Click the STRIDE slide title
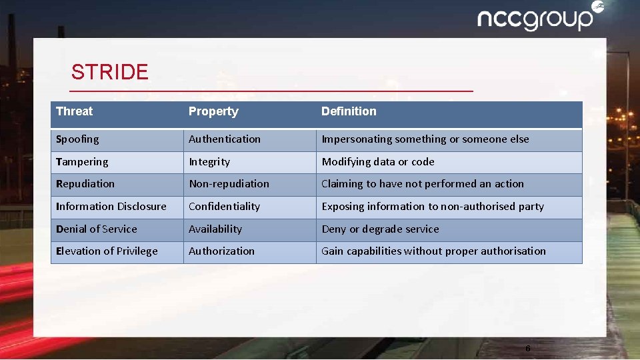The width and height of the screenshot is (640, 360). click(110, 72)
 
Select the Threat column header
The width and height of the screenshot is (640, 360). click(75, 111)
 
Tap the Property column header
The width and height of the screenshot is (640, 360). click(213, 111)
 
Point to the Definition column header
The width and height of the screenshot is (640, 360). click(349, 111)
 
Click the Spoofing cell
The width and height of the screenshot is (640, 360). click(77, 139)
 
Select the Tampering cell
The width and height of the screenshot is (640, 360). click(82, 162)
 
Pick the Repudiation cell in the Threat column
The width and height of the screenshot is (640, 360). click(85, 184)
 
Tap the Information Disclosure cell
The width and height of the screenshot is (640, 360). click(111, 207)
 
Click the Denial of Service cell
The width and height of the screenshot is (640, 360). click(97, 229)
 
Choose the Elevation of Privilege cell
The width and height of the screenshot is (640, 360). click(107, 251)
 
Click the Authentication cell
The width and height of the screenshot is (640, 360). click(225, 139)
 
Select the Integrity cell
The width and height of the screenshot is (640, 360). click(209, 162)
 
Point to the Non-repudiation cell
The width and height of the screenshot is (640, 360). click(229, 184)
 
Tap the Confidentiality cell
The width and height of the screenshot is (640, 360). click(224, 207)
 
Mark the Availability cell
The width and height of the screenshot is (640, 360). click(215, 229)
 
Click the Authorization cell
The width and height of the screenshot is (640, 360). click(221, 251)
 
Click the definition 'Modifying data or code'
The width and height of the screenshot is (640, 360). click(378, 162)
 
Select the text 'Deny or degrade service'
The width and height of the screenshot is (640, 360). click(380, 229)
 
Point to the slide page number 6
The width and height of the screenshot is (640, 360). click(527, 349)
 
